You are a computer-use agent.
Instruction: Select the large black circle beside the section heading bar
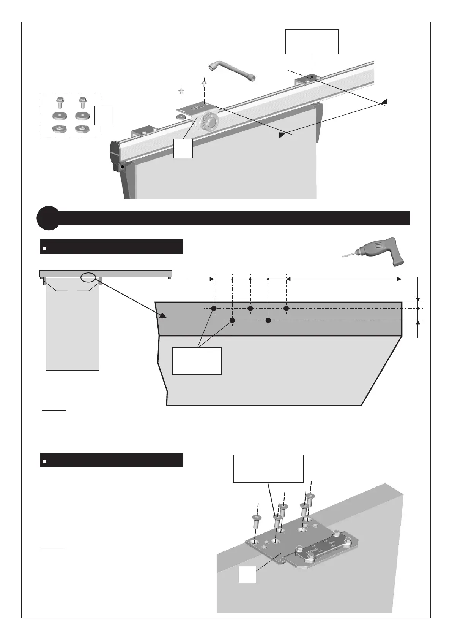(48, 218)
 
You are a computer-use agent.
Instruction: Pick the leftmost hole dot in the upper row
(214, 309)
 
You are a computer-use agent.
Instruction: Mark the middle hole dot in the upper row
(250, 309)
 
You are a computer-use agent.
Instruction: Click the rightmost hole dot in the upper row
(286, 309)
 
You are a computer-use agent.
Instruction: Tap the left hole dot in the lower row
(232, 321)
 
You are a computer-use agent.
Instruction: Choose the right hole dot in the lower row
(268, 321)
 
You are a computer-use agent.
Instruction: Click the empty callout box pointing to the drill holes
(197, 361)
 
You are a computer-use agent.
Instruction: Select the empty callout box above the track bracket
(312, 41)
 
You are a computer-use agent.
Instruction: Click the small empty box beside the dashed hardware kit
(104, 116)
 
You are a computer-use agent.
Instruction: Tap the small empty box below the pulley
(183, 148)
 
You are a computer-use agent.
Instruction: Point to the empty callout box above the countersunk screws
(268, 468)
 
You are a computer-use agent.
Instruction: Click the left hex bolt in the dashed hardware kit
(60, 103)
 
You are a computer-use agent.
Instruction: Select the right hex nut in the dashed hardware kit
(82, 129)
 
